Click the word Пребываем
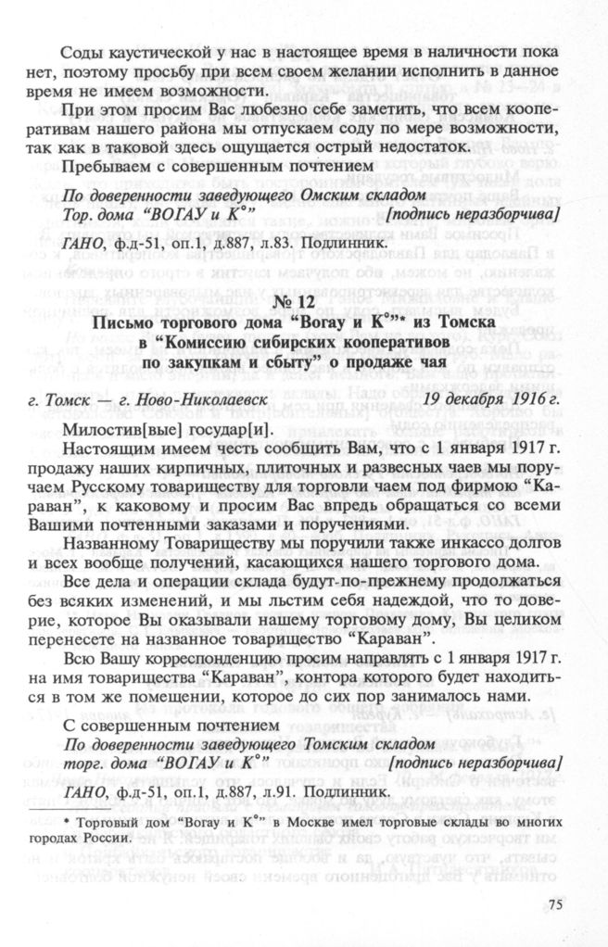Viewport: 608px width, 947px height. tap(101, 169)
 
